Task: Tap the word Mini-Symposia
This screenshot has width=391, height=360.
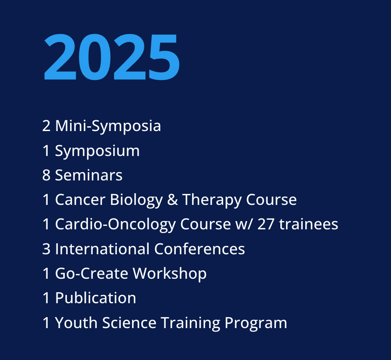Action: [x=108, y=126]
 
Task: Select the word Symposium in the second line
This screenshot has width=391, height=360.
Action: [x=97, y=151]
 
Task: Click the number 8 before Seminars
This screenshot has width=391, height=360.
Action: [x=46, y=176]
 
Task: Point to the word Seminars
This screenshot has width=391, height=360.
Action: [x=89, y=176]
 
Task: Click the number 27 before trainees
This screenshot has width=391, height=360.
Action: [x=266, y=225]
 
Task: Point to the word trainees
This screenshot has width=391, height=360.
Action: [x=309, y=225]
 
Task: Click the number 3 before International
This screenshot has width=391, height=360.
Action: [x=46, y=249]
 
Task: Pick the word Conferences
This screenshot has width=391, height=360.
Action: [x=199, y=249]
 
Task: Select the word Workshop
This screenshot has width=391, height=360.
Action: [x=170, y=274]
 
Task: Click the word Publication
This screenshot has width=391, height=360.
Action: [x=95, y=298]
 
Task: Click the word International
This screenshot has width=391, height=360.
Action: [x=102, y=249]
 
